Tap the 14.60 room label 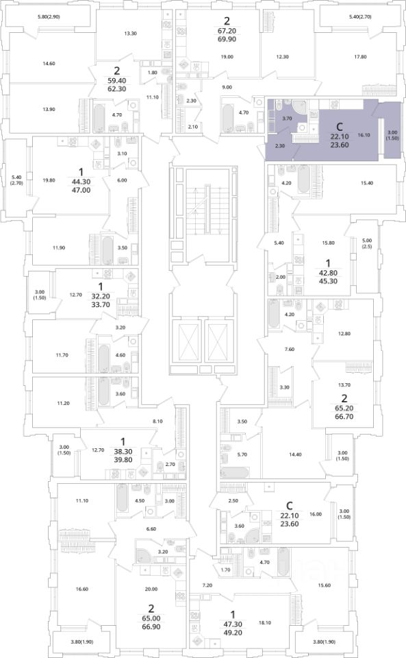(49, 64)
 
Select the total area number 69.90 (227, 40)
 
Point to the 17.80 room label (360, 57)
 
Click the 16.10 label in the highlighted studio (364, 135)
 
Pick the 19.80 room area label (49, 180)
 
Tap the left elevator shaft (185, 341)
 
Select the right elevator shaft (217, 341)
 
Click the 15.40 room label (367, 183)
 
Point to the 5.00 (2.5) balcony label (367, 243)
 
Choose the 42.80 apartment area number (328, 273)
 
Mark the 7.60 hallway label (289, 349)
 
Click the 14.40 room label (295, 454)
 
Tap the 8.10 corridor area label (157, 421)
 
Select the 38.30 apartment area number (123, 452)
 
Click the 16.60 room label (82, 589)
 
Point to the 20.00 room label (151, 589)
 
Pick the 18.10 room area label (265, 623)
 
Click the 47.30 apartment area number (233, 624)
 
